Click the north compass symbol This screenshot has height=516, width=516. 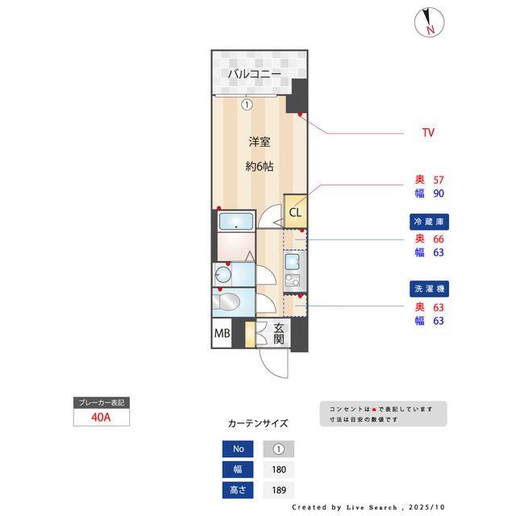click(428, 23)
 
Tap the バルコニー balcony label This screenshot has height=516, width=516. click(254, 75)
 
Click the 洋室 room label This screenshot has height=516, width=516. click(259, 142)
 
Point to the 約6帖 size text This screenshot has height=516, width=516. click(259, 167)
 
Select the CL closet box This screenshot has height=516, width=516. click(295, 213)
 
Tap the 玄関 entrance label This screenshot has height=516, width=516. click(278, 333)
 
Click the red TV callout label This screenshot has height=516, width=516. click(428, 131)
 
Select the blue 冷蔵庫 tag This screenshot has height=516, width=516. click(428, 220)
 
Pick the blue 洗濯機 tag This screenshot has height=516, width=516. click(428, 288)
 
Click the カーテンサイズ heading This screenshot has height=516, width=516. click(257, 422)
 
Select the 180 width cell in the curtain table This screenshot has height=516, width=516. click(279, 470)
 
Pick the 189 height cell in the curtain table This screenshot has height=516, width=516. click(279, 489)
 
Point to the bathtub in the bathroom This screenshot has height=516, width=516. click(236, 222)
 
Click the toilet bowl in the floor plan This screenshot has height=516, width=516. click(228, 303)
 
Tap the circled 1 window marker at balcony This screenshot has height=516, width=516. click(248, 103)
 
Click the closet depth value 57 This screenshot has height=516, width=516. click(439, 180)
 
